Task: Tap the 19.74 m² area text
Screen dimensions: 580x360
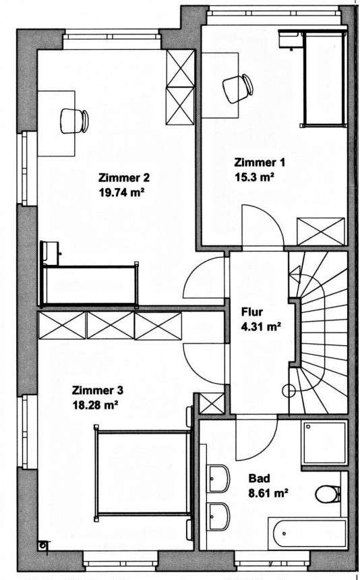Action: tap(123, 192)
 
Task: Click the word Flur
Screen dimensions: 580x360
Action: tap(252, 313)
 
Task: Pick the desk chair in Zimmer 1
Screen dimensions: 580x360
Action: tap(233, 90)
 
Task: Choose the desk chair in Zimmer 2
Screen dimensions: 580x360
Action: tap(71, 120)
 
